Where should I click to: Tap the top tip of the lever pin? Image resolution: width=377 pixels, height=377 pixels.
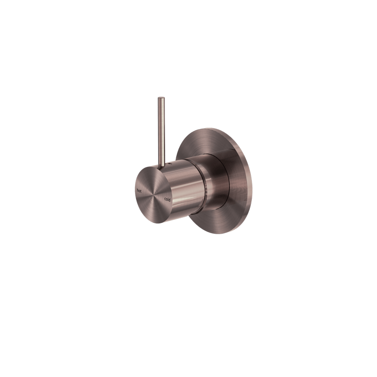coord(161,99)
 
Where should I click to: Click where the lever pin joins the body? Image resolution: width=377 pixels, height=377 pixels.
coord(162,163)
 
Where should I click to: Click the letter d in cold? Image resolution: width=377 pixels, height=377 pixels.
coord(169,199)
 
